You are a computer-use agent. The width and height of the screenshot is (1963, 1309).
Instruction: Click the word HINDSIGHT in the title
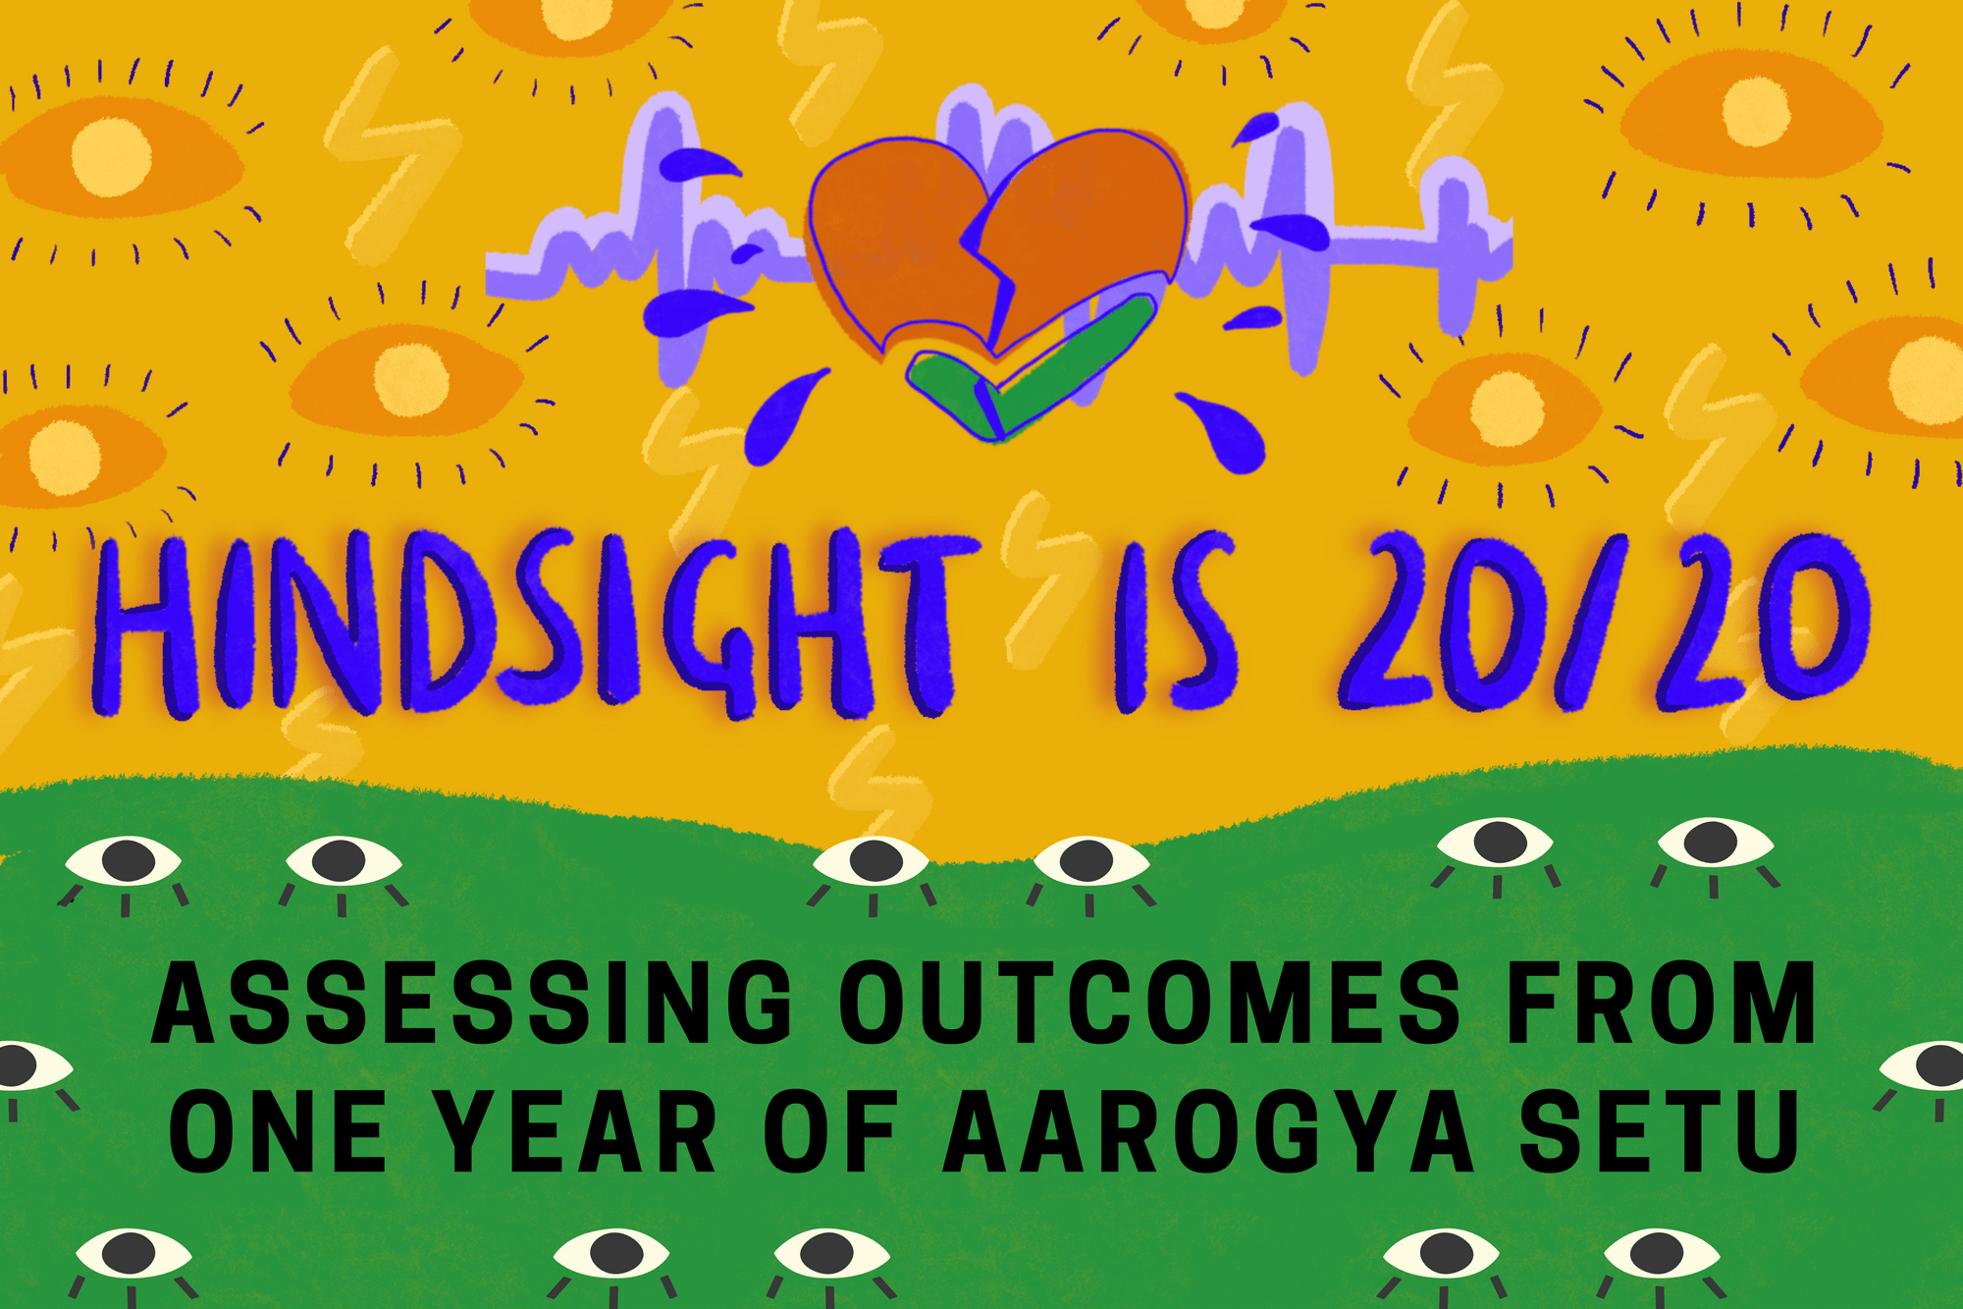525,626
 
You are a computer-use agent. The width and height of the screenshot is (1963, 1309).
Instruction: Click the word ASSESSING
472,1004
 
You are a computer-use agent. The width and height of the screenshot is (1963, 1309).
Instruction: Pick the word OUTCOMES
1149,1004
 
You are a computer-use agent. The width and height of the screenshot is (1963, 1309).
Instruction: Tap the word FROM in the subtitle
1660,1004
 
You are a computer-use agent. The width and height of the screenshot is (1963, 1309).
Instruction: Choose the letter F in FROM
1537,1004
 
